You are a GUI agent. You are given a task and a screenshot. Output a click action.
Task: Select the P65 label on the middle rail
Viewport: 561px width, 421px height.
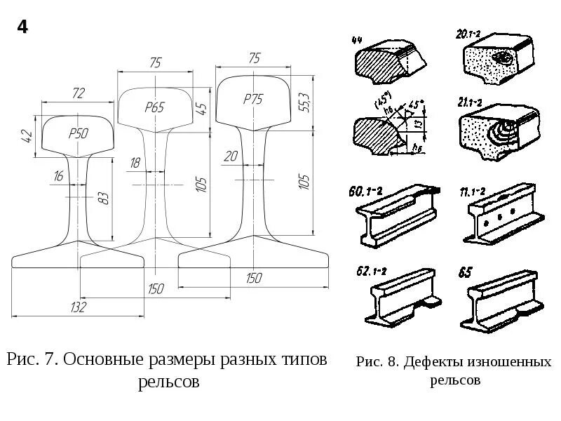tap(154, 107)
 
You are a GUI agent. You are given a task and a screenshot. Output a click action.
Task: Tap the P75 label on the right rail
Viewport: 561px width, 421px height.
tap(252, 100)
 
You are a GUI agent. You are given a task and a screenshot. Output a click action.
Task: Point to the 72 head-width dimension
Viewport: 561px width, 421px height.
tap(78, 93)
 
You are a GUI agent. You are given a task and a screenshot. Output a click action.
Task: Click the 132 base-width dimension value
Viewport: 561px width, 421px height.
tap(79, 307)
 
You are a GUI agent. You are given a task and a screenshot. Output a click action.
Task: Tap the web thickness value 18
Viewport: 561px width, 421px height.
tap(135, 163)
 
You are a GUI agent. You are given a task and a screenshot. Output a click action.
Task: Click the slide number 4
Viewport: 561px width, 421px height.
tap(22, 28)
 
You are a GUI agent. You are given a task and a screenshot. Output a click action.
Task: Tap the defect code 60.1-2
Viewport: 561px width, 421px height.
tap(363, 190)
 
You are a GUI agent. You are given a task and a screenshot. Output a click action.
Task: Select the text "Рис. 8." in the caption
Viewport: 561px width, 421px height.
tap(378, 363)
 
